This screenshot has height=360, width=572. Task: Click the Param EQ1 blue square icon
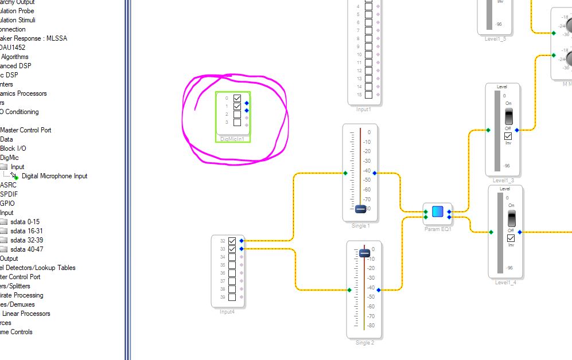[438, 212]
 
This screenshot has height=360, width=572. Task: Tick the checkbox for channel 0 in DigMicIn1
[237, 99]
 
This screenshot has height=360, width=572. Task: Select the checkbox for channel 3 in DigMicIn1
[237, 122]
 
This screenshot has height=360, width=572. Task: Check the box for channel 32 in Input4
[232, 241]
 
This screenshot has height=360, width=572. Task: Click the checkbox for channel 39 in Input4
[232, 297]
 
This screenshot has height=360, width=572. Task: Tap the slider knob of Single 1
[360, 209]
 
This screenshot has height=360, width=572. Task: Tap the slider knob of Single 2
[364, 253]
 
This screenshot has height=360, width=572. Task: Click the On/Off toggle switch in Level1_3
[508, 116]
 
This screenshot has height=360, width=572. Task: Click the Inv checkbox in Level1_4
[511, 238]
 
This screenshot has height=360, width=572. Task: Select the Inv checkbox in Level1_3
[508, 136]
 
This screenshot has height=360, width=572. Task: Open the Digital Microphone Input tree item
[55, 176]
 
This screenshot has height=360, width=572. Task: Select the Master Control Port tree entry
[26, 130]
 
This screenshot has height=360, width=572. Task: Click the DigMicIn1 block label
[232, 139]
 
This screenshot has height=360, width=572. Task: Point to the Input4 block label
[227, 311]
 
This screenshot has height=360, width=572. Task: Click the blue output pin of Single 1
[375, 173]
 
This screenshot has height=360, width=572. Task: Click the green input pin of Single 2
[349, 290]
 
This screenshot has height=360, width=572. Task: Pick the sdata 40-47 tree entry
[26, 249]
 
